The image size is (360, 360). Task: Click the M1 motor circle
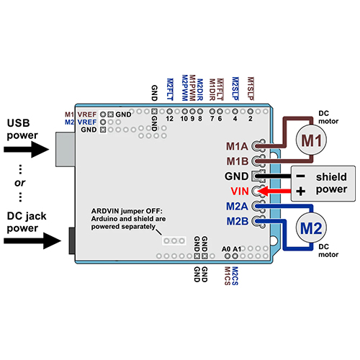pos(311,140)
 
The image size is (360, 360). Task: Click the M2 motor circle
pos(311,228)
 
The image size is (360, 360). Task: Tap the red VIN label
pos(240,192)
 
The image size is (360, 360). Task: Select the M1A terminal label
pos(237,146)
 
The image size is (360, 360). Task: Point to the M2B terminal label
pos(238,221)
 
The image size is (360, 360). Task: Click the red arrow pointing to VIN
pos(274,192)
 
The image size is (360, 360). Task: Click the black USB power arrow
pos(27,149)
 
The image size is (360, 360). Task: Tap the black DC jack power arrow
pos(32,240)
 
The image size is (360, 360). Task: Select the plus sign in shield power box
pos(301,192)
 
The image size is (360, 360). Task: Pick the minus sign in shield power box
pos(301,176)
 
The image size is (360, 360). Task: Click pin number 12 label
pos(169,119)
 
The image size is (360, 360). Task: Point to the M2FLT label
pos(170,89)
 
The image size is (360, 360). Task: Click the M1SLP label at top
pos(251,89)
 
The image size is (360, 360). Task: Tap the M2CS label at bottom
pos(235,276)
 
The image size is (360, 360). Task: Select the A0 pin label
pos(226,249)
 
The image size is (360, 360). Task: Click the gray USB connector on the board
pos(66,149)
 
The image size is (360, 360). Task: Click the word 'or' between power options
pos(19,183)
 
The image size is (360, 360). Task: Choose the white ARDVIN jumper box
pos(174,240)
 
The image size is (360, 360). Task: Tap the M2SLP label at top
pos(235,89)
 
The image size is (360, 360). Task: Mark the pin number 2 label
pos(251,119)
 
